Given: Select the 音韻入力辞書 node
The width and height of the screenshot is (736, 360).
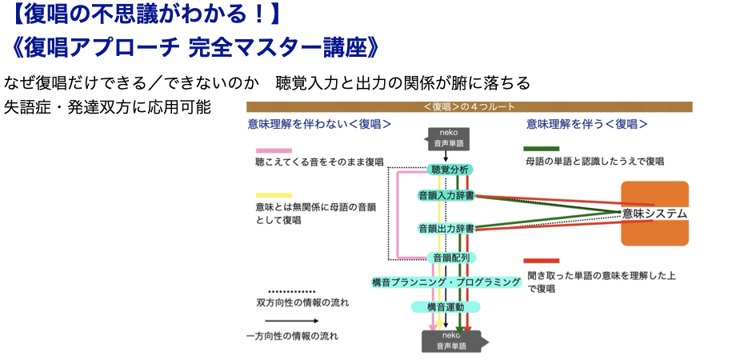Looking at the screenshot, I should (446, 194).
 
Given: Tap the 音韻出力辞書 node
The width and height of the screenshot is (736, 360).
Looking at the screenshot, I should (446, 228).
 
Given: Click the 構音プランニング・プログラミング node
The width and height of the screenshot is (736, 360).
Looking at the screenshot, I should (446, 282).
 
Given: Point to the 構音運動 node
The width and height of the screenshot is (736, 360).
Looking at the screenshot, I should (446, 306).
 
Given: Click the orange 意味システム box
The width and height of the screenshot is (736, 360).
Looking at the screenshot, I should (655, 214).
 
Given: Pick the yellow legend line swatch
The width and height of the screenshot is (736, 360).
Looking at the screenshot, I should (274, 195).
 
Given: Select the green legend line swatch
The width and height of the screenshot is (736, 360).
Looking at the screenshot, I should (542, 149).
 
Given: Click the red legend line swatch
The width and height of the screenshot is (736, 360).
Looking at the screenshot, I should (542, 261).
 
